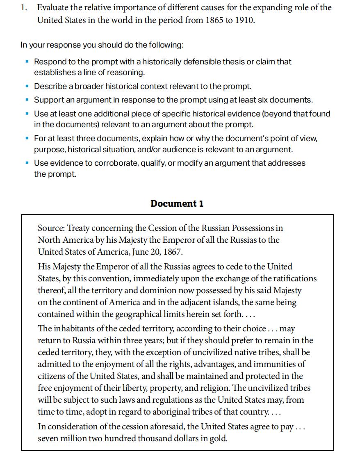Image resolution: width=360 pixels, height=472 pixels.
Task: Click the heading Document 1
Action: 177,203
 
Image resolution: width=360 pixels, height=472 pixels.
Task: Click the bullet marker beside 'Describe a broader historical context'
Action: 27,87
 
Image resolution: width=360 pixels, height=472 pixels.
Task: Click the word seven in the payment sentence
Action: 48,438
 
